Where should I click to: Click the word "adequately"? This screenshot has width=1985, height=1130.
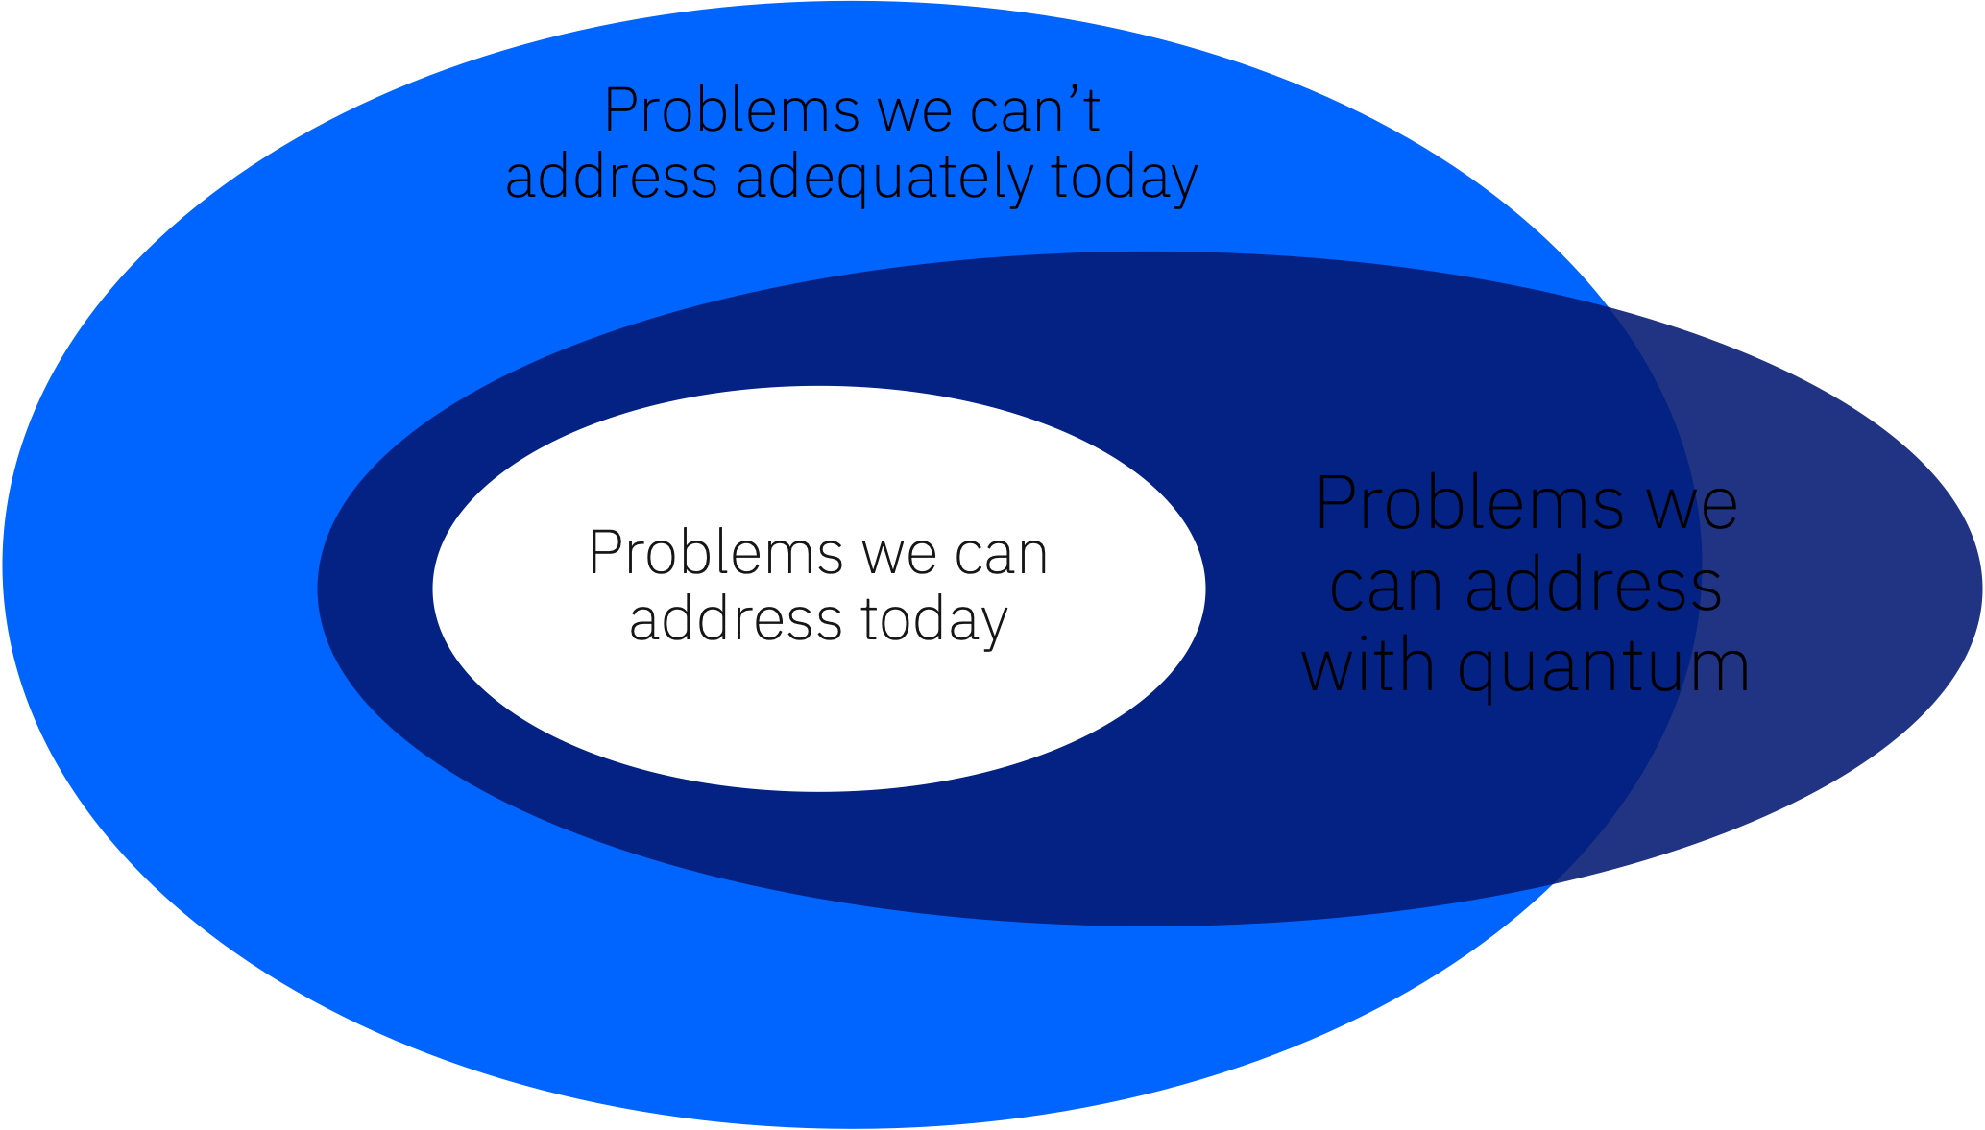coord(884,179)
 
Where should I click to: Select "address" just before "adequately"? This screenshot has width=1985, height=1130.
coord(611,179)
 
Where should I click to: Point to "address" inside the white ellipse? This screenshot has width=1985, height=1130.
coord(736,620)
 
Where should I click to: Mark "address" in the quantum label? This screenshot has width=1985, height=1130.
coord(1593,585)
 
